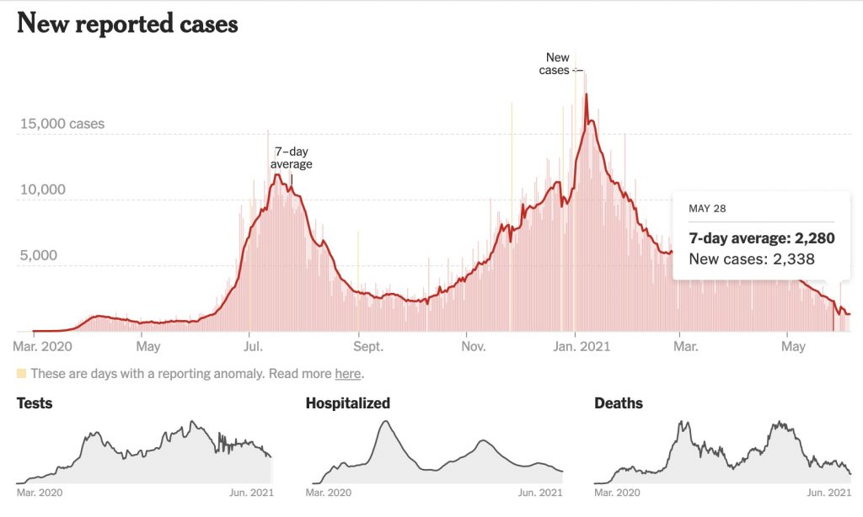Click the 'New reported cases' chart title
pos(127,24)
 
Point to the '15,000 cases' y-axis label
pos(62,124)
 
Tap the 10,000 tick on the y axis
pos(42,189)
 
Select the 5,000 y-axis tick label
pos(39,255)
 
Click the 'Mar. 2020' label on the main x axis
pos(43,346)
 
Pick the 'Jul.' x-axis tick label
pos(252,346)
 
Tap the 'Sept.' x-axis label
pos(368,346)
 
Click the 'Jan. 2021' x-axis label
pos(575,346)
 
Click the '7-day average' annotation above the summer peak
pos(291,157)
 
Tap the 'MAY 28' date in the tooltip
pos(707,209)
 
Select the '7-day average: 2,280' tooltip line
pos(762,238)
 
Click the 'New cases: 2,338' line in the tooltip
pos(752,259)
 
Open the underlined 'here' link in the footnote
pos(348,374)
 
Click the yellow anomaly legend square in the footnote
pos(22,373)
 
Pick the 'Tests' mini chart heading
pos(35,403)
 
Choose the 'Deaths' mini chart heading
pos(619,403)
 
